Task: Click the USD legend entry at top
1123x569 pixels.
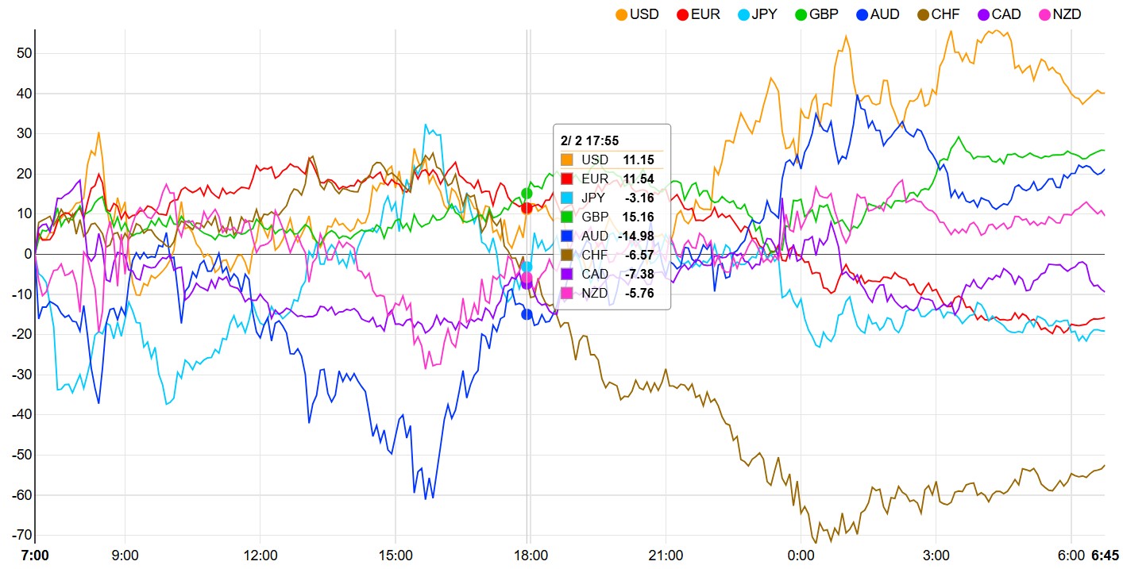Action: (637, 14)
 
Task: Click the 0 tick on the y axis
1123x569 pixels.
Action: (27, 254)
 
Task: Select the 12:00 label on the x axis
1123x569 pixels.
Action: (260, 555)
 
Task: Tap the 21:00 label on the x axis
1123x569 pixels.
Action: (666, 555)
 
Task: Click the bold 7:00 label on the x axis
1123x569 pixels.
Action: (34, 555)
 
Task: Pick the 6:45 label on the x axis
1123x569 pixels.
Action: (1105, 555)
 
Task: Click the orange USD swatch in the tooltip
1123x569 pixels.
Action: (566, 160)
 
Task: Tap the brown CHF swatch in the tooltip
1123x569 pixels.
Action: (566, 255)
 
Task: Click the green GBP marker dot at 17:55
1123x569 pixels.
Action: (527, 193)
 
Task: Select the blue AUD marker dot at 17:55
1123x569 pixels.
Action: (527, 314)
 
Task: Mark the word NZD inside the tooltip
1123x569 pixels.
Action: (595, 293)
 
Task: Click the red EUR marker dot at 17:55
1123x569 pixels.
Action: (526, 208)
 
